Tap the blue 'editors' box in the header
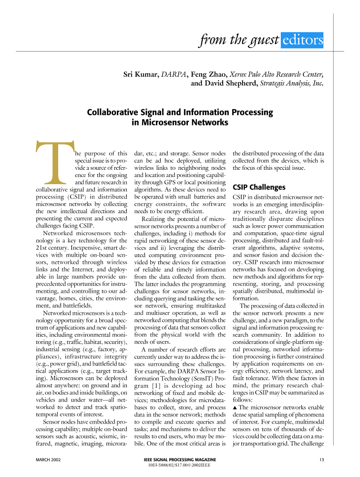pyautogui.click(x=302, y=41)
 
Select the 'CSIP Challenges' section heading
pyautogui.click(x=259, y=187)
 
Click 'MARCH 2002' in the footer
pyautogui.click(x=51, y=460)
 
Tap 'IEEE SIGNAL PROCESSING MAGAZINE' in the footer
pyautogui.click(x=180, y=459)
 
